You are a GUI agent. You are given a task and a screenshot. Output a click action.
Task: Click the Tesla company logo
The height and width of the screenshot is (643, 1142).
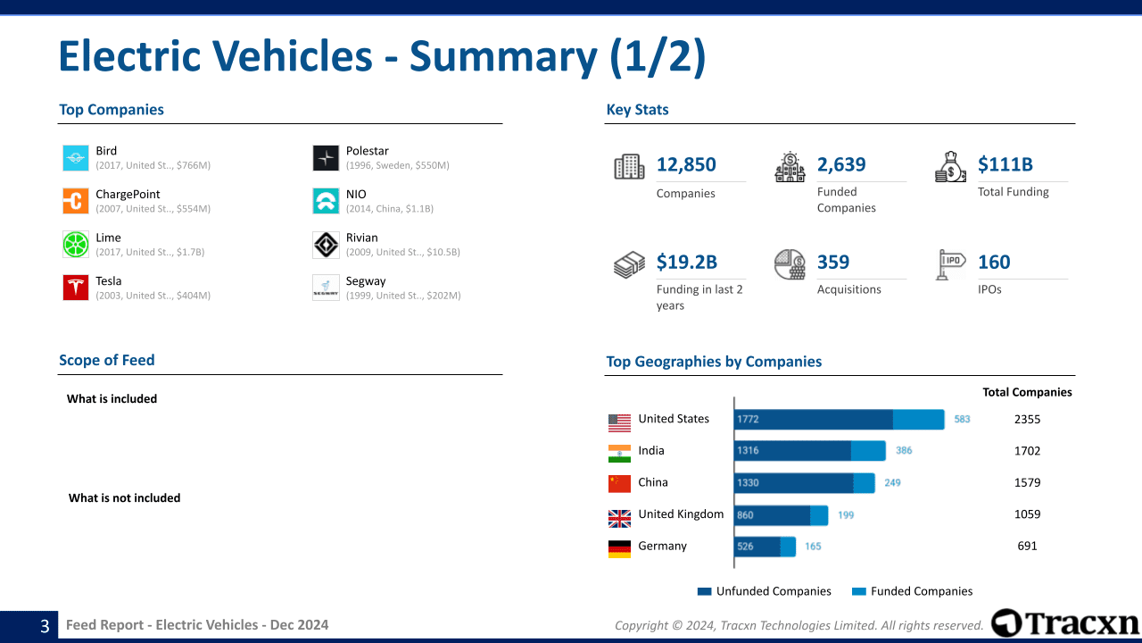tap(76, 288)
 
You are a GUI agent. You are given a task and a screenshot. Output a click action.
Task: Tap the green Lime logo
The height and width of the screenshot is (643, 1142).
tap(76, 244)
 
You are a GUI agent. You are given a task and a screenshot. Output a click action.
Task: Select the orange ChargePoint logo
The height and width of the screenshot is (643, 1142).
tap(76, 201)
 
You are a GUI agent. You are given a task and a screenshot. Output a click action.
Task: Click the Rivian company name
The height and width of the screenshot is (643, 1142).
tap(361, 238)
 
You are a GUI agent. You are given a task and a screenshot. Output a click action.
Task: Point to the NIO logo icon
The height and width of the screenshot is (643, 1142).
tap(326, 201)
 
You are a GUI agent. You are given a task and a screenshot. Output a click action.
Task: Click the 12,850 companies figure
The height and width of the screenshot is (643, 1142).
tap(686, 164)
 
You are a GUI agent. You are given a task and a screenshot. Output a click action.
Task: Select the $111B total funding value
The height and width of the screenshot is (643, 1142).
tap(1005, 164)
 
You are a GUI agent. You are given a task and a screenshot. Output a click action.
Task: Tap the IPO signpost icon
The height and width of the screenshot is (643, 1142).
tap(950, 264)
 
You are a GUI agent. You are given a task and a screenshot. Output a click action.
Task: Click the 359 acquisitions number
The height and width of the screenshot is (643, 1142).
tap(832, 262)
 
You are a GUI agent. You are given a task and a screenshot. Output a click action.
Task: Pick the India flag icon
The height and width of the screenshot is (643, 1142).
tap(619, 453)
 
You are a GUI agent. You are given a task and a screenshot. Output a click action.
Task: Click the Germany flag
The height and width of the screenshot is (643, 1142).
tap(619, 548)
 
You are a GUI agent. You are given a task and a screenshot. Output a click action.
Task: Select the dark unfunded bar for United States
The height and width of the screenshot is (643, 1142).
tap(813, 420)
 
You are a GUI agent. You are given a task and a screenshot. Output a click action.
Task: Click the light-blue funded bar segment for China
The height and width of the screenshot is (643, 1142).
tap(864, 483)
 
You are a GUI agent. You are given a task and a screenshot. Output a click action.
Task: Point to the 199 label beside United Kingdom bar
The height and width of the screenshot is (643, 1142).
tap(846, 514)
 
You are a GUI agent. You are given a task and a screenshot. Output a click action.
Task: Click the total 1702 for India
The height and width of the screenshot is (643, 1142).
tap(1027, 451)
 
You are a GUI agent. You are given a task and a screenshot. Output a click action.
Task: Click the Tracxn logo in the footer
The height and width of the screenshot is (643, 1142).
tap(1064, 622)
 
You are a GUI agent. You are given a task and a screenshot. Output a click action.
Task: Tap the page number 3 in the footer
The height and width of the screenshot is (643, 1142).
tap(45, 626)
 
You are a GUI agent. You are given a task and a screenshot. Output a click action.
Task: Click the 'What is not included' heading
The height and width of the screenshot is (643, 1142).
tap(124, 498)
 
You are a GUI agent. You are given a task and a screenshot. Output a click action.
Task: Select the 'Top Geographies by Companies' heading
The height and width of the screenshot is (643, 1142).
tap(714, 362)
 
